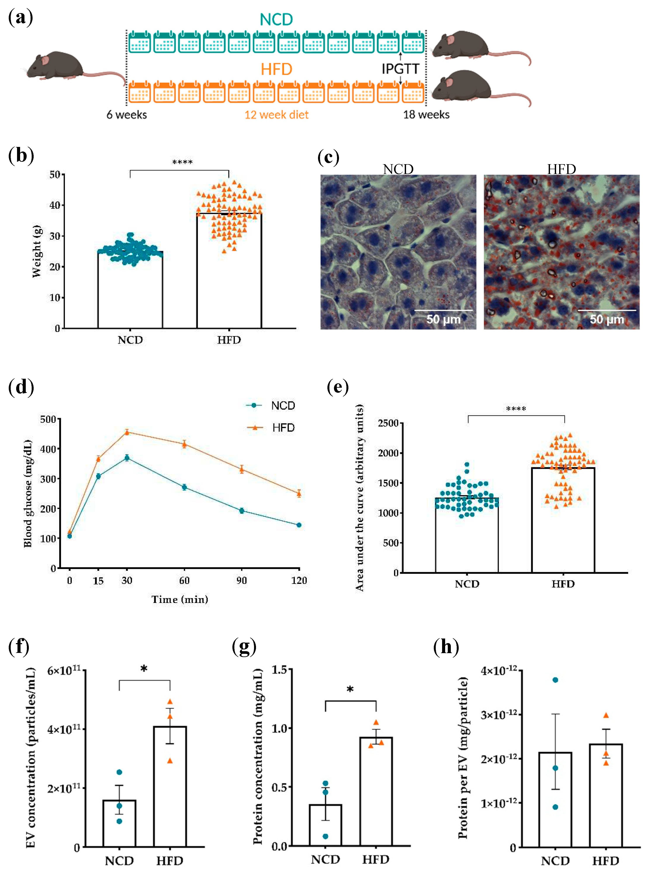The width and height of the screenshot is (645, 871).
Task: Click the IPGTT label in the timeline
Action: point(400,69)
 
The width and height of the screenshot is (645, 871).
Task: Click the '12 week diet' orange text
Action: point(277,115)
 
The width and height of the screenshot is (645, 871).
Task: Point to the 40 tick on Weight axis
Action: point(55,205)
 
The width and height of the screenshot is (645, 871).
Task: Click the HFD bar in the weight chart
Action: point(229,273)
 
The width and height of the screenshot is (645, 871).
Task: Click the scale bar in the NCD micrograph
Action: point(443,311)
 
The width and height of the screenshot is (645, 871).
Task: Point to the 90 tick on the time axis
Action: point(242,580)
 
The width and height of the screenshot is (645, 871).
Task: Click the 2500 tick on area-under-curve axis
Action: point(388,423)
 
